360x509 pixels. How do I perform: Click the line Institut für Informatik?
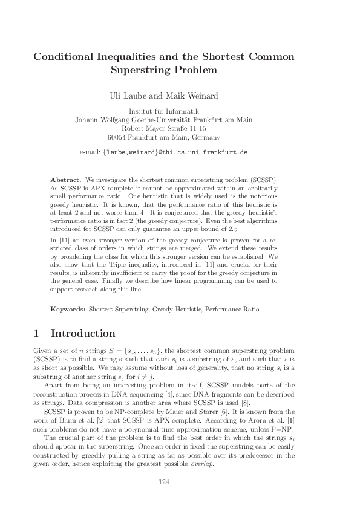[163, 111]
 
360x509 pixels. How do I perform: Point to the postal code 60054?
[127, 137]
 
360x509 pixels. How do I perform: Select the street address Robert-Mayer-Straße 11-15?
[164, 129]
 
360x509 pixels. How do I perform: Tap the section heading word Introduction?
[83, 334]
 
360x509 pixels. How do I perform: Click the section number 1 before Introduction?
[36, 334]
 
